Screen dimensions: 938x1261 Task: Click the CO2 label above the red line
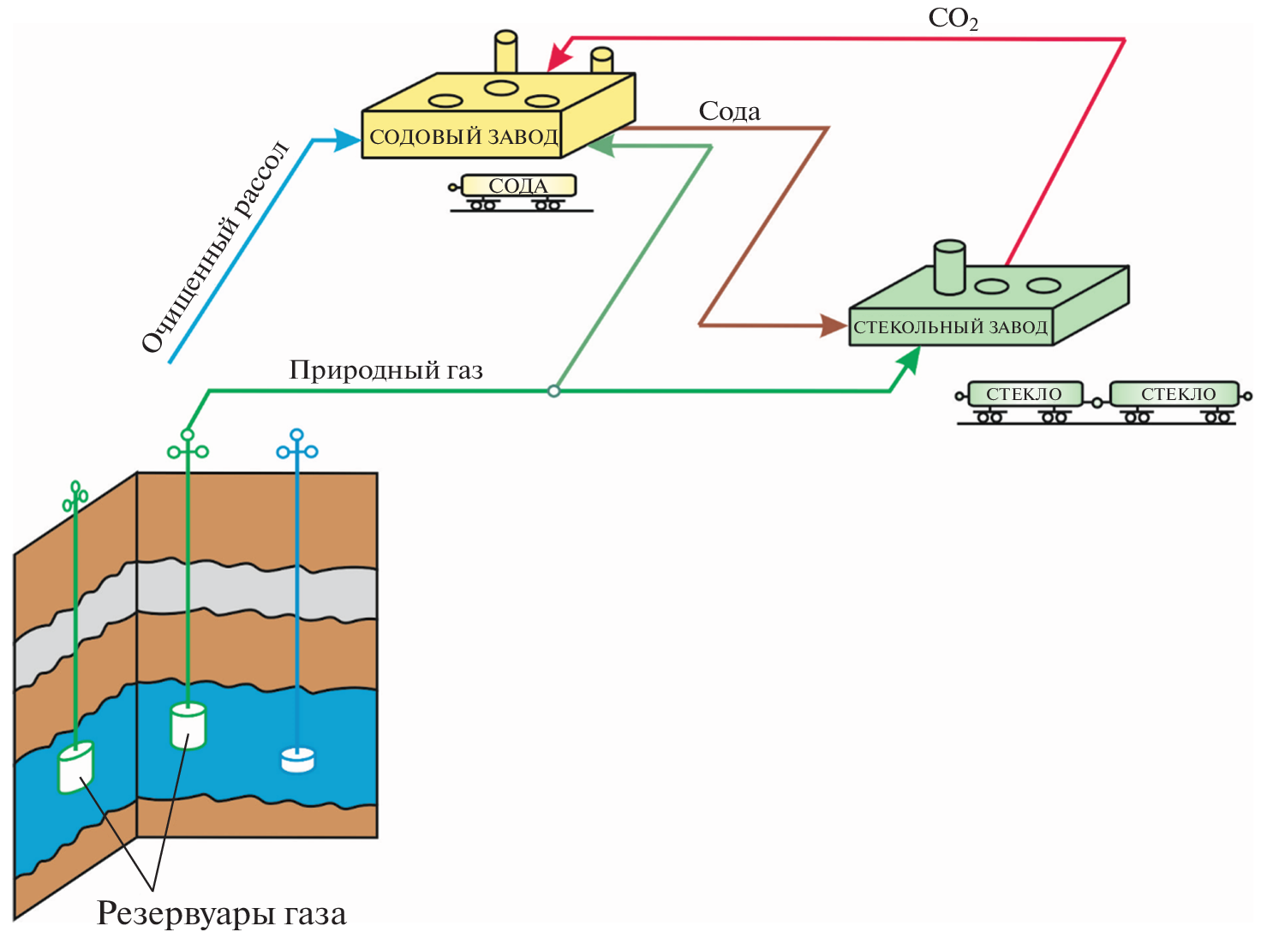click(x=953, y=19)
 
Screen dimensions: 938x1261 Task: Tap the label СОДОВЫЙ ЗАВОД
click(x=463, y=137)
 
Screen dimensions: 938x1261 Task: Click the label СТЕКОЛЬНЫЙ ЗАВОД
click(x=950, y=327)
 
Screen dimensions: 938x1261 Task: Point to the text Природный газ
click(x=385, y=370)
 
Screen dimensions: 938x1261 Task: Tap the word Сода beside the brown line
click(x=729, y=111)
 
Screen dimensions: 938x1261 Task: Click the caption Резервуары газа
click(x=221, y=913)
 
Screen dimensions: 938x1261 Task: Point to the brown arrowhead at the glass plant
click(x=833, y=326)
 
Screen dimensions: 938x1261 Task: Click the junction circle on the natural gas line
click(x=553, y=391)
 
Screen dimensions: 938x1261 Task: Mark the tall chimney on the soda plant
click(x=505, y=53)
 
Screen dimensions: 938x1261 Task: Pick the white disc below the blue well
click(x=297, y=760)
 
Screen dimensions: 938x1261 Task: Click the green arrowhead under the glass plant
click(x=909, y=361)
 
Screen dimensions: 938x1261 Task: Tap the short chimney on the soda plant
click(x=602, y=62)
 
